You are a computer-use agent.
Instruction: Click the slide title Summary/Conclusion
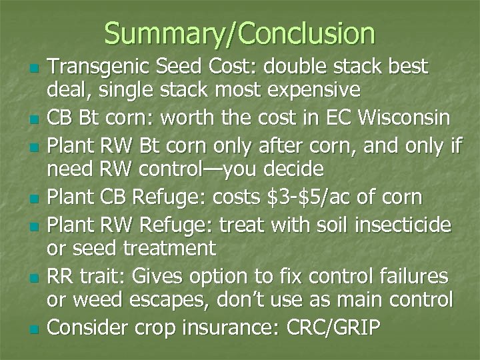(x=239, y=33)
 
